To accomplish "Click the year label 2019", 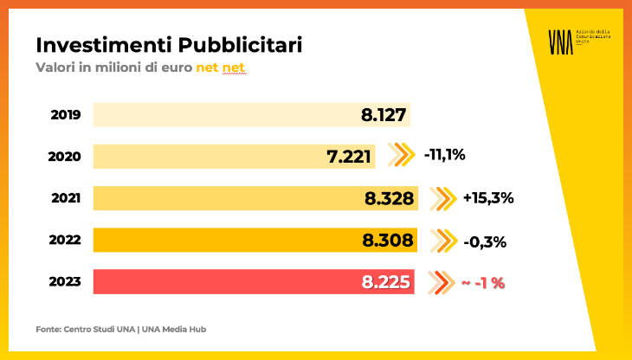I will point(66,114).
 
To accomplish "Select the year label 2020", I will point(66,157).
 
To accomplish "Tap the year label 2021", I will point(66,198).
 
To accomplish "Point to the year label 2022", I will point(66,240).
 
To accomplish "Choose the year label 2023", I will point(66,281).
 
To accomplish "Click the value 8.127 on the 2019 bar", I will point(384,115).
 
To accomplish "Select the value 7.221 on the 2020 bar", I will point(349,157).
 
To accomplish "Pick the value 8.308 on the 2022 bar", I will point(389,240).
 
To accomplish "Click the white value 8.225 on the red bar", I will point(387,281).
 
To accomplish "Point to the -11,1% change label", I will point(445,156).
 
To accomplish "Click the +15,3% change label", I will point(488,198).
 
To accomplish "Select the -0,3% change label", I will point(485,241).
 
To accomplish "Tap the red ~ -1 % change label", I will point(483,282).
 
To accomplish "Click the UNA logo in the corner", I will point(561,41).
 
